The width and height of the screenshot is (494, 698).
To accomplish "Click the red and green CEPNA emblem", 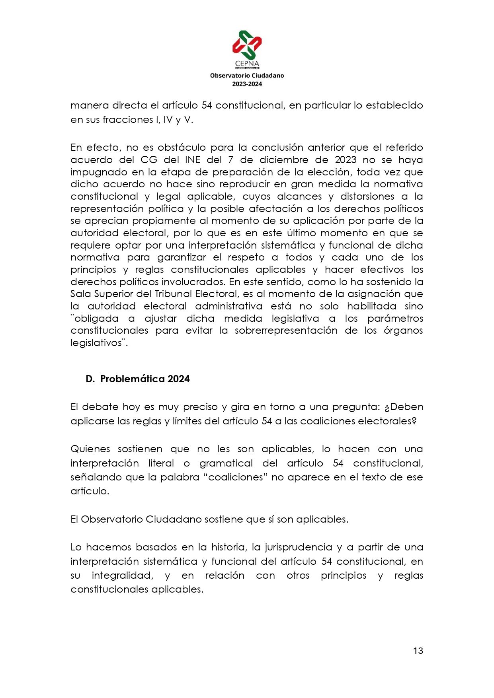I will coord(247,45).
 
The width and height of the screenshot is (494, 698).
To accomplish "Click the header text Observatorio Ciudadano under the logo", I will coord(247,75).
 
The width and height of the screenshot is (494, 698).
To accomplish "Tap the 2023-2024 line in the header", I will coord(247,84).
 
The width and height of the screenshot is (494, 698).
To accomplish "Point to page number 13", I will coord(418,651).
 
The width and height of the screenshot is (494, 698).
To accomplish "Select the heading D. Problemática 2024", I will coord(138,379).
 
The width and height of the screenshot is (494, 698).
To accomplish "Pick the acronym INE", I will coord(193,159).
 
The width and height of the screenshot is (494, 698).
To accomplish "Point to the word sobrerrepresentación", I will coord(286,331).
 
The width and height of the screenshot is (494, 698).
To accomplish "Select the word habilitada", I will coord(371,306).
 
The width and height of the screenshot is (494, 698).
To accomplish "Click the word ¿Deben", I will coord(403,407).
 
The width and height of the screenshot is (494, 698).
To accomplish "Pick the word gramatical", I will coord(226,463).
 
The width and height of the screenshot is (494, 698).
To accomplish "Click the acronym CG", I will coord(149,159).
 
